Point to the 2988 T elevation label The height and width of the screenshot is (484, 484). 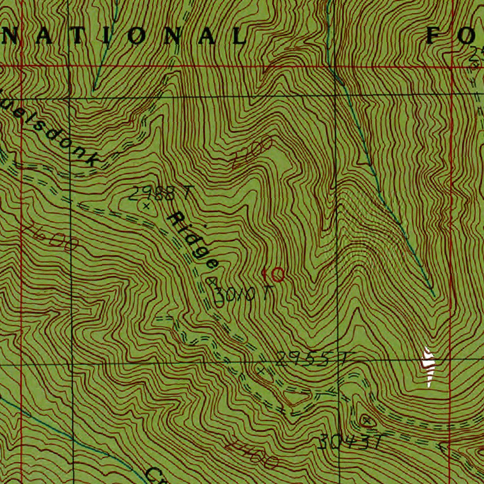(161, 192)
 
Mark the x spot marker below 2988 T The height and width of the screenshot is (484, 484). (146, 206)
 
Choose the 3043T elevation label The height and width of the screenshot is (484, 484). (349, 442)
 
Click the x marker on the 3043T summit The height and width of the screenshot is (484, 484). (366, 420)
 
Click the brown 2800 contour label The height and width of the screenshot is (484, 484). (253, 153)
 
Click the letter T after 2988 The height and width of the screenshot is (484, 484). (189, 191)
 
